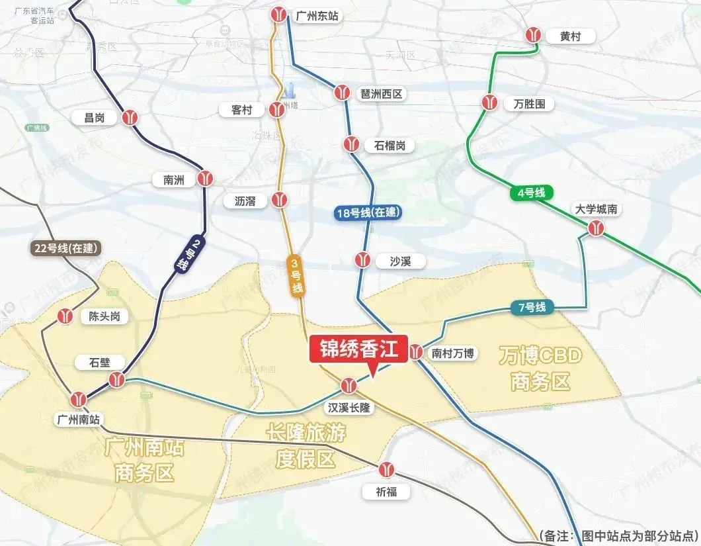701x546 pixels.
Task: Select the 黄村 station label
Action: coord(569,36)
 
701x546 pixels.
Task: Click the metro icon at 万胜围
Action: coord(489,102)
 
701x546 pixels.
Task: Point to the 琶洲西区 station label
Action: coord(380,93)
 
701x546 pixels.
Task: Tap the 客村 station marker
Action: coord(276,110)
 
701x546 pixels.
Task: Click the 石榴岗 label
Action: coord(390,145)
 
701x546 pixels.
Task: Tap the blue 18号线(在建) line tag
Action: coord(368,212)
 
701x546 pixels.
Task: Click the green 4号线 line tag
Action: coord(531,193)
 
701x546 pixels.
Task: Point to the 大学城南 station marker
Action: coord(597,228)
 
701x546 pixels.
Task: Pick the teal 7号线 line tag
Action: coord(532,307)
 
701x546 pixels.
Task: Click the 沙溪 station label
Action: coord(401,261)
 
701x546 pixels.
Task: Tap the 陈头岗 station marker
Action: coord(65,316)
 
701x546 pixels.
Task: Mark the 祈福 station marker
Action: coord(387,471)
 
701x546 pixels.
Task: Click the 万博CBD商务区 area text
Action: coord(540,369)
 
